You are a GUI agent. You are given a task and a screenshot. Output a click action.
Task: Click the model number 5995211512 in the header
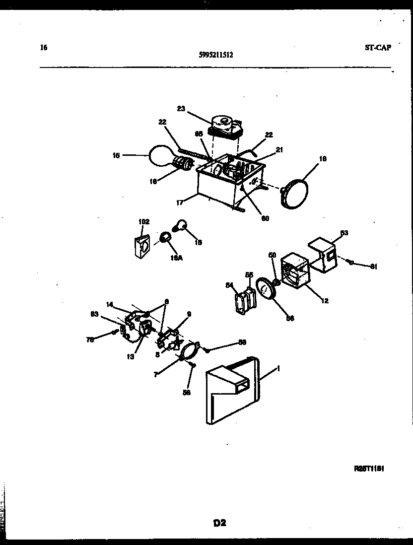(215, 56)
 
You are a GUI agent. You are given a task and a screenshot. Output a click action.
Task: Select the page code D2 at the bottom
(220, 522)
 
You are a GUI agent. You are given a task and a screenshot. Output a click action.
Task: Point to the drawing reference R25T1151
(370, 468)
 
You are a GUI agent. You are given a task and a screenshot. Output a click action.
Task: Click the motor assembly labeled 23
(226, 126)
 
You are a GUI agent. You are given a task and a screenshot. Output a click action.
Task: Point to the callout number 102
(143, 222)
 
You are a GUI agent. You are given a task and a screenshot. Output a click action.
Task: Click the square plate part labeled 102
(142, 246)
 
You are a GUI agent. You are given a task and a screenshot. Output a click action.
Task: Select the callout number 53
(344, 232)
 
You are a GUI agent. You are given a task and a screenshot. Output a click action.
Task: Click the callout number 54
(229, 284)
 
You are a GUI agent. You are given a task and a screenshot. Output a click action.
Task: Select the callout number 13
(130, 356)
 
